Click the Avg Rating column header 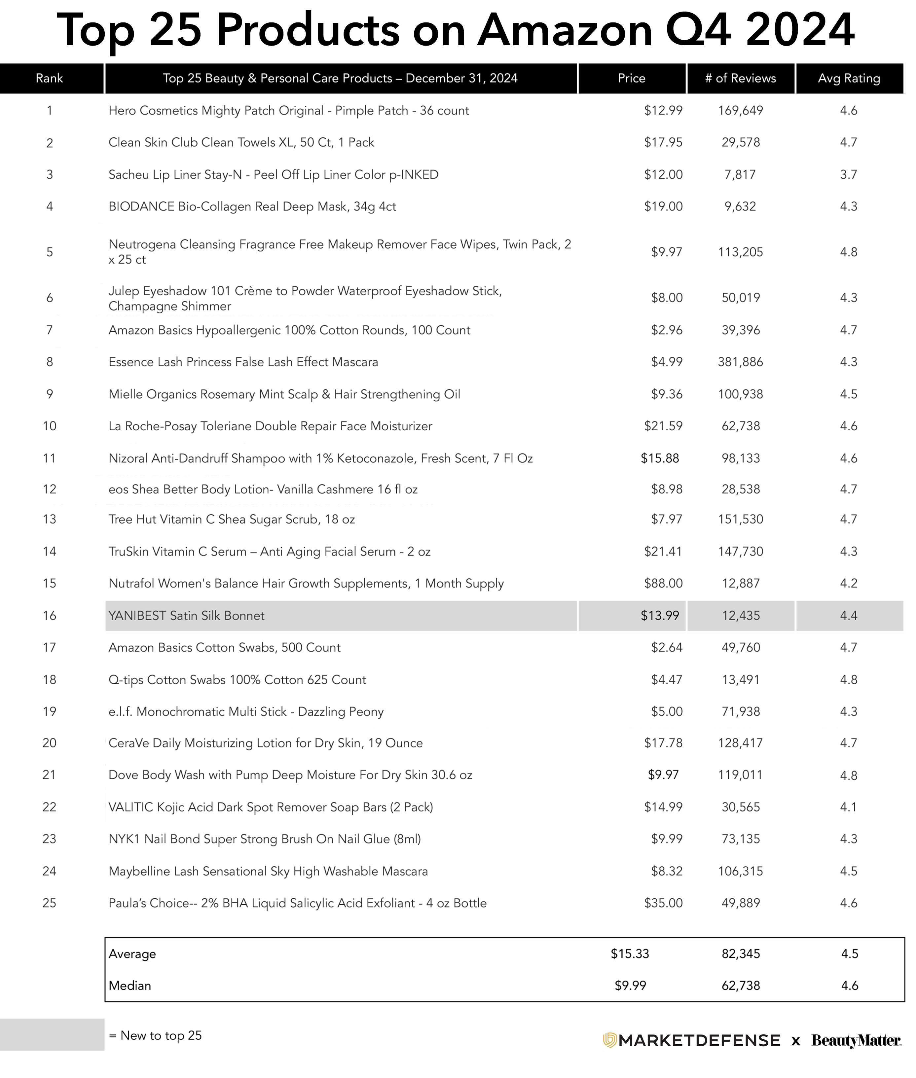pyautogui.click(x=849, y=78)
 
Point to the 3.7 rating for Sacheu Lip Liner pyautogui.click(x=849, y=174)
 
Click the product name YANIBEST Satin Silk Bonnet pyautogui.click(x=186, y=615)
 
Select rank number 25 pyautogui.click(x=49, y=903)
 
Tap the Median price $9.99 pyautogui.click(x=630, y=986)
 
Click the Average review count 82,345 pyautogui.click(x=741, y=954)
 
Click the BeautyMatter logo pyautogui.click(x=856, y=1041)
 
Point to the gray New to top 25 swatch pyautogui.click(x=52, y=1035)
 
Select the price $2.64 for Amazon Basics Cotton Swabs pyautogui.click(x=667, y=648)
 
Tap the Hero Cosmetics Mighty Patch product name pyautogui.click(x=289, y=111)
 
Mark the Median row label pyautogui.click(x=130, y=986)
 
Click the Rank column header pyautogui.click(x=49, y=78)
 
